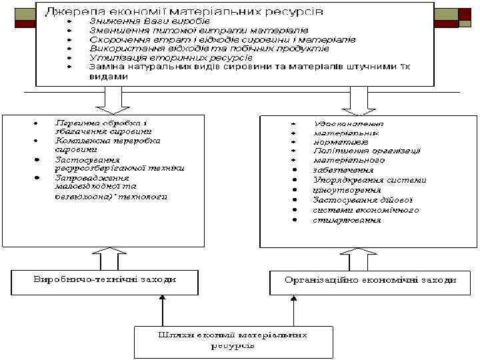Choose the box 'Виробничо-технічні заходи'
click(105, 280)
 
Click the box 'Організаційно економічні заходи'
click(371, 280)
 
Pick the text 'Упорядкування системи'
click(369, 181)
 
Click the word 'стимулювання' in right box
click(347, 220)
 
